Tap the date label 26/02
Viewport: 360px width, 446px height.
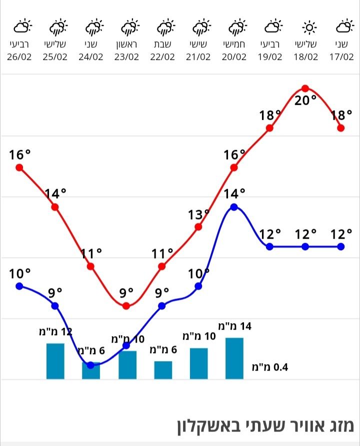19,56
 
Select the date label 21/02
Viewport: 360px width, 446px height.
198,56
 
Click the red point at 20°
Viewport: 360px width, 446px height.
305,88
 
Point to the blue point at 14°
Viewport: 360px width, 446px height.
234,207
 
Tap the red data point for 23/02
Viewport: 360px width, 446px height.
126,306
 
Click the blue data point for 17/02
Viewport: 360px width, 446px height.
341,247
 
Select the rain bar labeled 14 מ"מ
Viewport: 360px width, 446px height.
234,358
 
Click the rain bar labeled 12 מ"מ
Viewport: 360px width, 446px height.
55,361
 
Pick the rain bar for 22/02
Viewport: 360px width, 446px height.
163,370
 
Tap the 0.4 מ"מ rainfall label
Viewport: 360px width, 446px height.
270,368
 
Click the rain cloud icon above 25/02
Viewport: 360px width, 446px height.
55,26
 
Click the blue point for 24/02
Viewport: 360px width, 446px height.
90,365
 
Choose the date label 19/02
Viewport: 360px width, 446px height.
269,56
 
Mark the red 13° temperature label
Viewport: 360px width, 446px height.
198,215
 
